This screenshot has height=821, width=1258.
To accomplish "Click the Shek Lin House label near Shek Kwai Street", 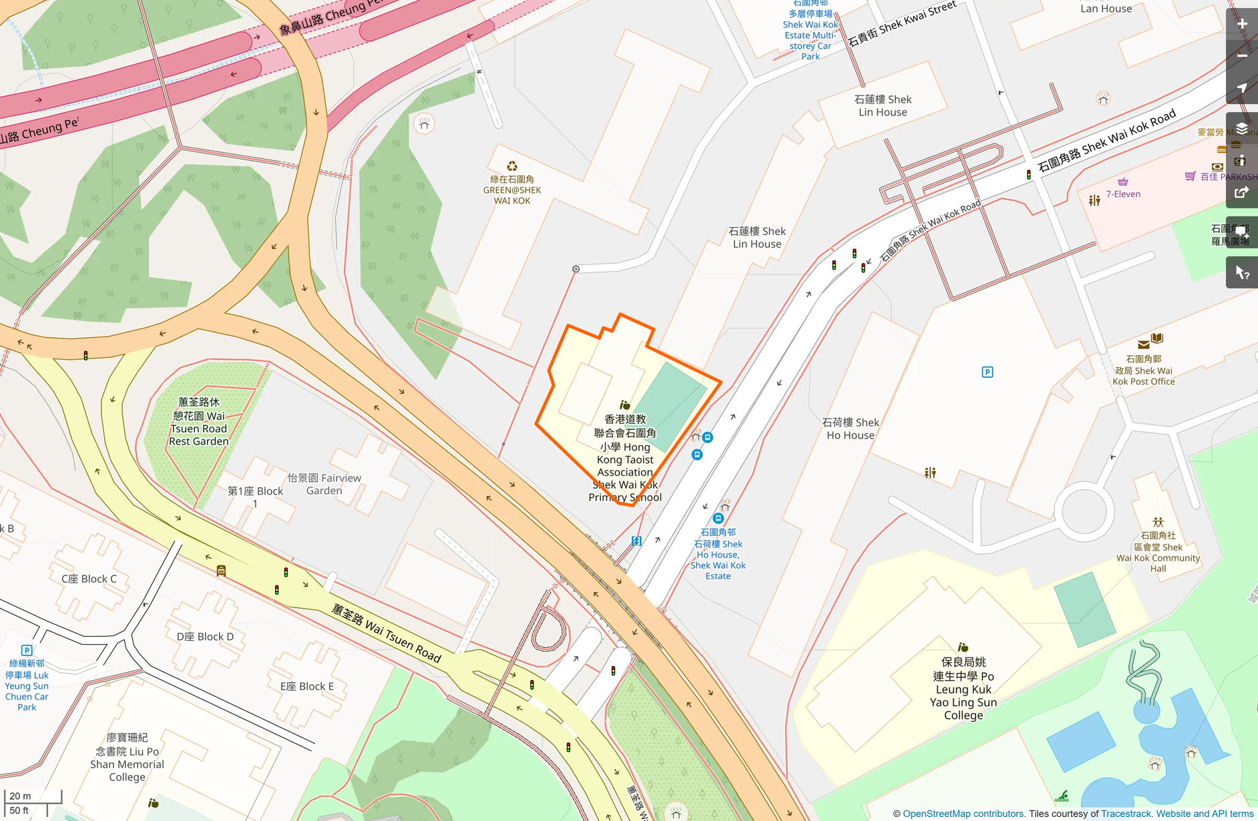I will (x=882, y=105).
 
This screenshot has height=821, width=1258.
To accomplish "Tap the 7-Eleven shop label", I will (x=1123, y=194).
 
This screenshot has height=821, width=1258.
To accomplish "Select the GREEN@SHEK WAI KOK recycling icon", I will (x=511, y=166).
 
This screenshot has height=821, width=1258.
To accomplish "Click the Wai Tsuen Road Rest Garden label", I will (x=198, y=421).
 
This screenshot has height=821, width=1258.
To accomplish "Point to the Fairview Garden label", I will (x=324, y=484).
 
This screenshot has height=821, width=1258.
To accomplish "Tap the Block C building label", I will (x=89, y=579).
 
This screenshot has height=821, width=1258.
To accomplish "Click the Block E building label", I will (x=306, y=686).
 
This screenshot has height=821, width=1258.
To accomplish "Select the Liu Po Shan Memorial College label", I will (x=127, y=757).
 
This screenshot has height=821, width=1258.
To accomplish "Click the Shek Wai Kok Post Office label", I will (x=1143, y=370).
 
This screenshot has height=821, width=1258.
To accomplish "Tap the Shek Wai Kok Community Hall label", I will (x=1158, y=552).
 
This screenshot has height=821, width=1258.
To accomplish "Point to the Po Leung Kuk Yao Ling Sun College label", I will (x=963, y=688).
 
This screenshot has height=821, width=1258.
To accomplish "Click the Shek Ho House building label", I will (x=850, y=429).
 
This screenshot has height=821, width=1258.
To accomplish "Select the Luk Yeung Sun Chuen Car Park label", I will (x=27, y=685).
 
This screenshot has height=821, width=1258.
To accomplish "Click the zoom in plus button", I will (x=1242, y=24).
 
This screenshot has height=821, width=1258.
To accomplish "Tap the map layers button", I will (x=1242, y=128).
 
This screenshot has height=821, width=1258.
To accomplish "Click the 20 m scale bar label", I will (x=20, y=796).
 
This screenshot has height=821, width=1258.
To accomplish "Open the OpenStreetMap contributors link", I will (x=963, y=814).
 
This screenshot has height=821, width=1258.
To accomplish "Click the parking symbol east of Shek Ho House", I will (x=987, y=372).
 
